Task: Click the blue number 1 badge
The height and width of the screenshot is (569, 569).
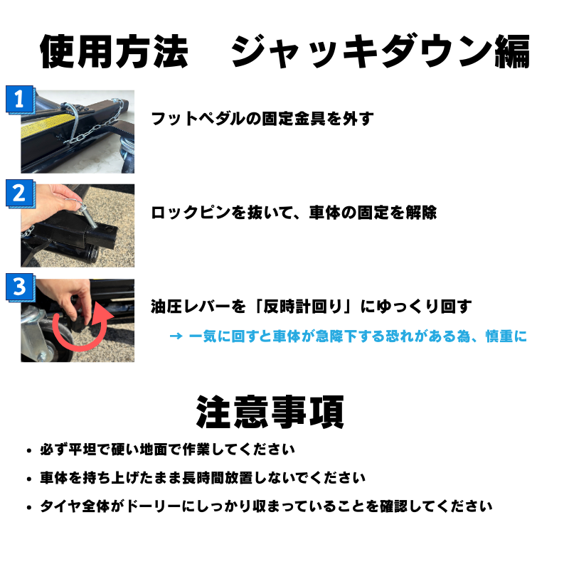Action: pyautogui.click(x=21, y=100)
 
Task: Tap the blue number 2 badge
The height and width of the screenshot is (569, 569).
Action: pyautogui.click(x=21, y=193)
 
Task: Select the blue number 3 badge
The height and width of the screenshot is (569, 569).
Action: pyautogui.click(x=21, y=287)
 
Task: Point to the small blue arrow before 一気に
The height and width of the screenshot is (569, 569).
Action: pyautogui.click(x=176, y=336)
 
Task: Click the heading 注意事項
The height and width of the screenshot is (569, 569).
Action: pyautogui.click(x=270, y=413)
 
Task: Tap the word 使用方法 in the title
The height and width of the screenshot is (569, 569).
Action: pyautogui.click(x=114, y=51)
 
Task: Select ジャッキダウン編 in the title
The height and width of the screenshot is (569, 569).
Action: pyautogui.click(x=381, y=51)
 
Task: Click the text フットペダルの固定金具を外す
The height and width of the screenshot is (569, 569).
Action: pyautogui.click(x=262, y=119)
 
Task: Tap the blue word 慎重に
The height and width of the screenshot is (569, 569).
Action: pyautogui.click(x=506, y=336)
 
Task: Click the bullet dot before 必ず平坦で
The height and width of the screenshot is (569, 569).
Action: pyautogui.click(x=29, y=451)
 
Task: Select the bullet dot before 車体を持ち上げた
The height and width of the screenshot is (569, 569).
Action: pyautogui.click(x=29, y=479)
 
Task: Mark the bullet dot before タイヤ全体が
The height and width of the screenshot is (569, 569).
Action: pyautogui.click(x=29, y=508)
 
